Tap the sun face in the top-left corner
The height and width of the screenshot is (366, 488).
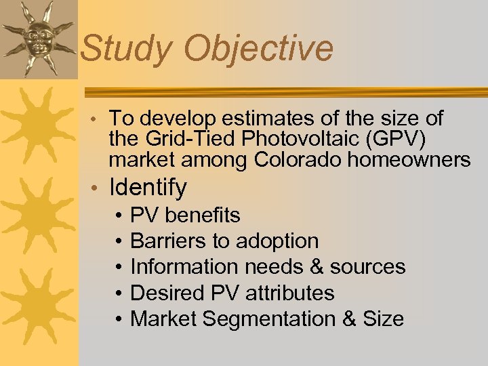(x=38, y=38)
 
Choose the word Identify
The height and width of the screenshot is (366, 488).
(x=148, y=188)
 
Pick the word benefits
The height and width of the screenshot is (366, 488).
(x=202, y=216)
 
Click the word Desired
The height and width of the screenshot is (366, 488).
(x=162, y=293)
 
